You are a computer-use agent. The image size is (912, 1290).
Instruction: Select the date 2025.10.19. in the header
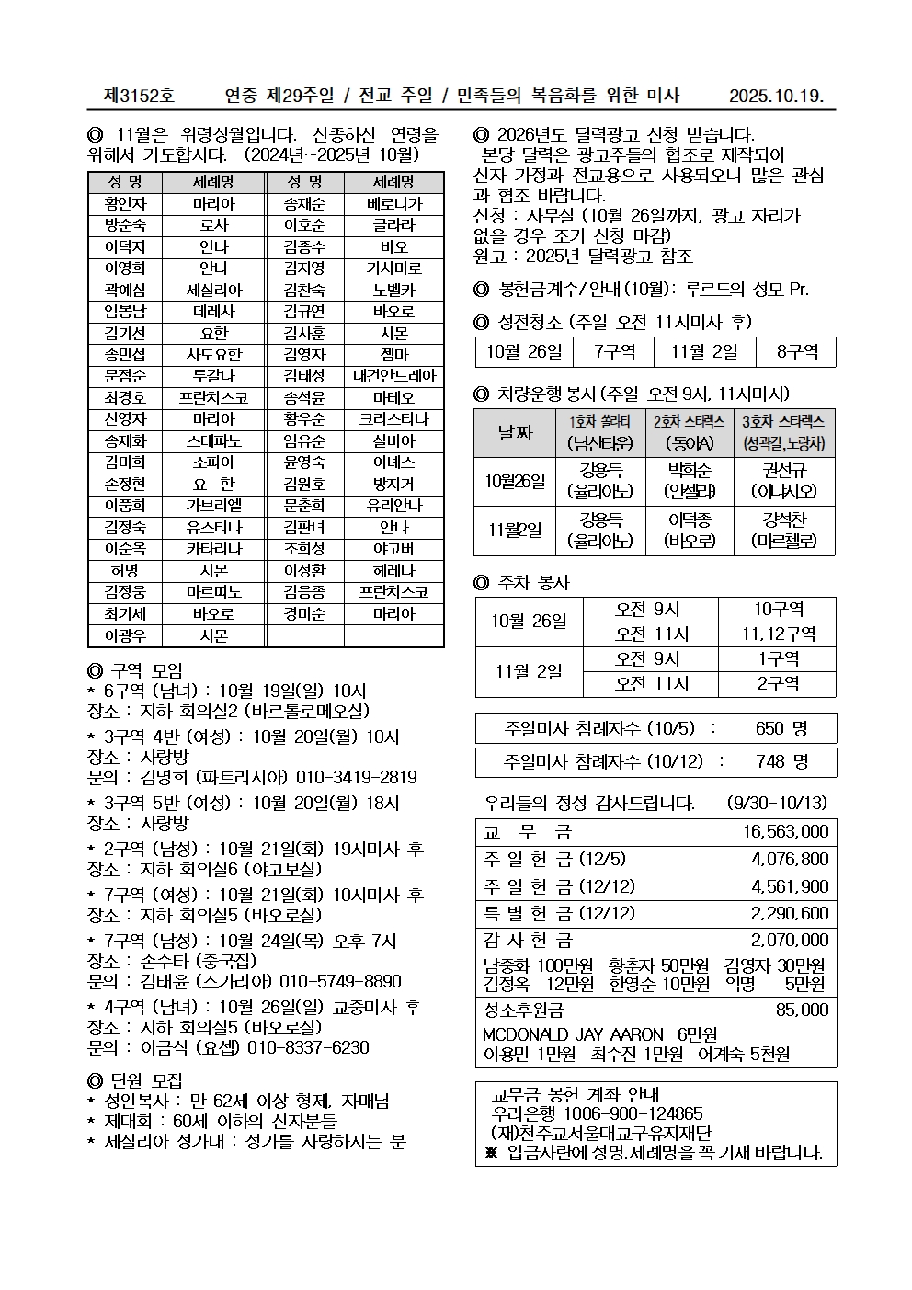[776, 96]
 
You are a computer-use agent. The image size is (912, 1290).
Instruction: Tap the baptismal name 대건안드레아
[393, 376]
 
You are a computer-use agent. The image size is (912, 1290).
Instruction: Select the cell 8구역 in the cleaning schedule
[796, 352]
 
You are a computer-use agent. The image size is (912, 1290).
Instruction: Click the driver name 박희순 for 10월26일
[690, 472]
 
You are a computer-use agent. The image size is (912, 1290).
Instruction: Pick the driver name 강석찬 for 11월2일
[784, 520]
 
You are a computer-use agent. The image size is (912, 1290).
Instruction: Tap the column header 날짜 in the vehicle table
[515, 432]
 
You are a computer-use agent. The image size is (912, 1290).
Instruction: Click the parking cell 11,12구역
[777, 634]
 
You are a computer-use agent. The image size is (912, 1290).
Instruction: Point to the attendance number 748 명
[782, 761]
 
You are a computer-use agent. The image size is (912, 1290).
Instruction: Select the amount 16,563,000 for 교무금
[785, 831]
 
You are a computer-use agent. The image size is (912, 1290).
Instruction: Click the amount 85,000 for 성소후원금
[802, 1010]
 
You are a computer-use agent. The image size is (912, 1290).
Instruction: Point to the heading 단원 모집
[146, 1079]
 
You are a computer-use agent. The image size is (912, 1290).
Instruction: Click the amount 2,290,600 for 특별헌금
[789, 913]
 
